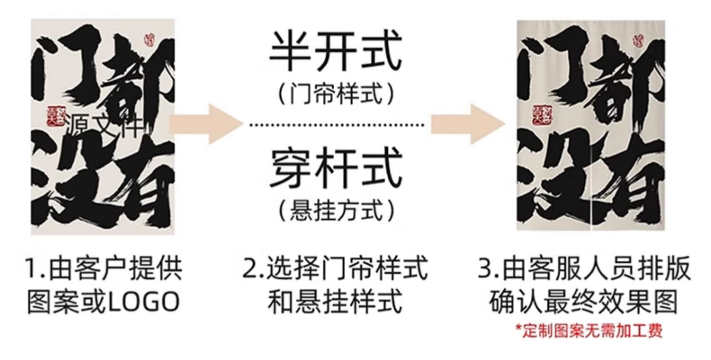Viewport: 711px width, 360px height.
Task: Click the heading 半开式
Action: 336,52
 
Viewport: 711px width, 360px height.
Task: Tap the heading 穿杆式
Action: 336,168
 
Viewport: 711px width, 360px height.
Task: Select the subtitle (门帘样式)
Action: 336,93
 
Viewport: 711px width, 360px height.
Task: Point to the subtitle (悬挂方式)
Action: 336,210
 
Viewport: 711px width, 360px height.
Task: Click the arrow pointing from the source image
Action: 206,124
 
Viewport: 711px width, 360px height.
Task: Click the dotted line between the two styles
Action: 337,125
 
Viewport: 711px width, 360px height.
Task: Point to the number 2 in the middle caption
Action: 250,269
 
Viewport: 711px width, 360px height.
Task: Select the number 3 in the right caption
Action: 484,269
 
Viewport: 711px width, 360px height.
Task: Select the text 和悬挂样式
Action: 336,302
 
